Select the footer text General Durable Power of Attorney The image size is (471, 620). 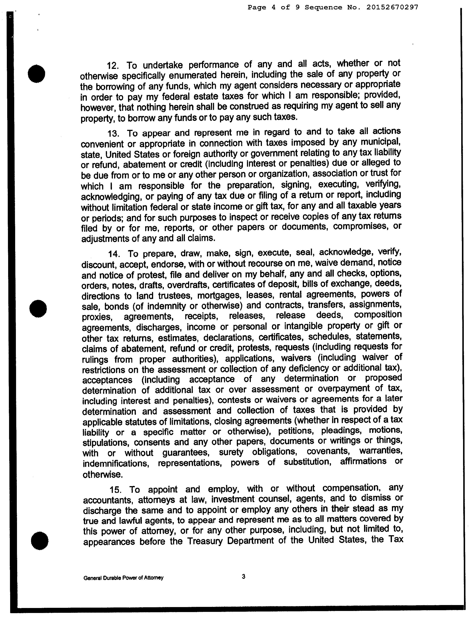point(123,578)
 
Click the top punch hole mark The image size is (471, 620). point(37,74)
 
